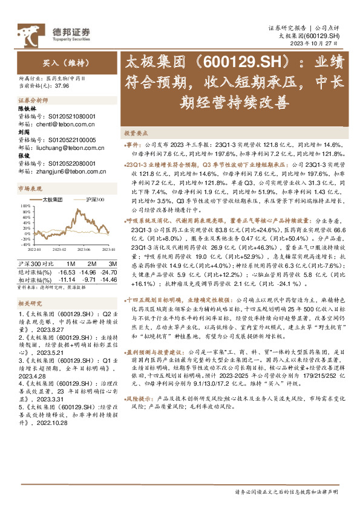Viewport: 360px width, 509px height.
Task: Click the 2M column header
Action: coord(90,264)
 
